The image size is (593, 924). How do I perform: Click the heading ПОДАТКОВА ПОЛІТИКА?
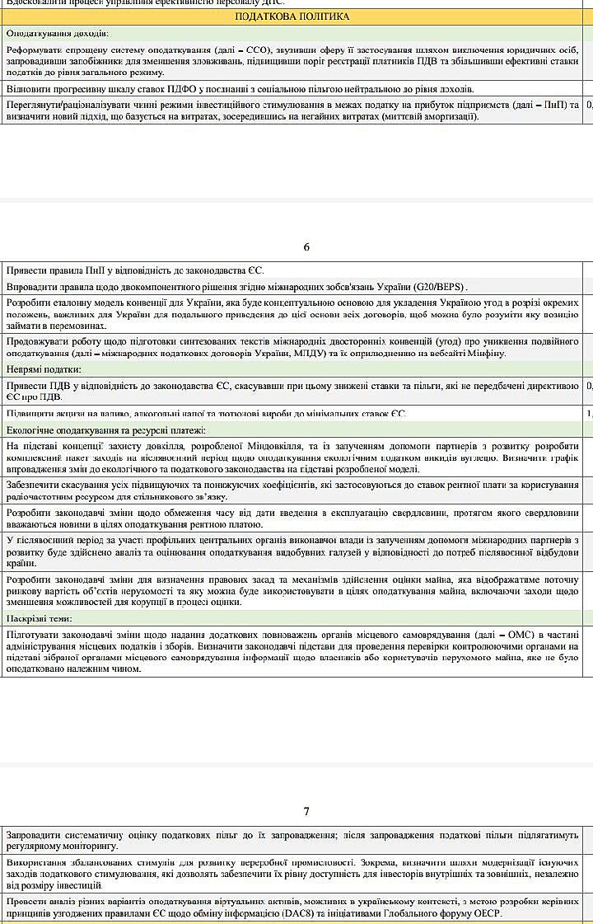pos(292,16)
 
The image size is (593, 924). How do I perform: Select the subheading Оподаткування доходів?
pos(57,34)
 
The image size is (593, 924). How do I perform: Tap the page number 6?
pos(306,246)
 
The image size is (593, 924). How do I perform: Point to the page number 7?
pos(306,811)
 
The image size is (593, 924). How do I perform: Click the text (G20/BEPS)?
pos(440,287)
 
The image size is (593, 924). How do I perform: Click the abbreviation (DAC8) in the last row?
pos(339,914)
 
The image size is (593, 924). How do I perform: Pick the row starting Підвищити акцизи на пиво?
pos(206,413)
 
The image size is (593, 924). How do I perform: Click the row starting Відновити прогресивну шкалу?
pos(240,89)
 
